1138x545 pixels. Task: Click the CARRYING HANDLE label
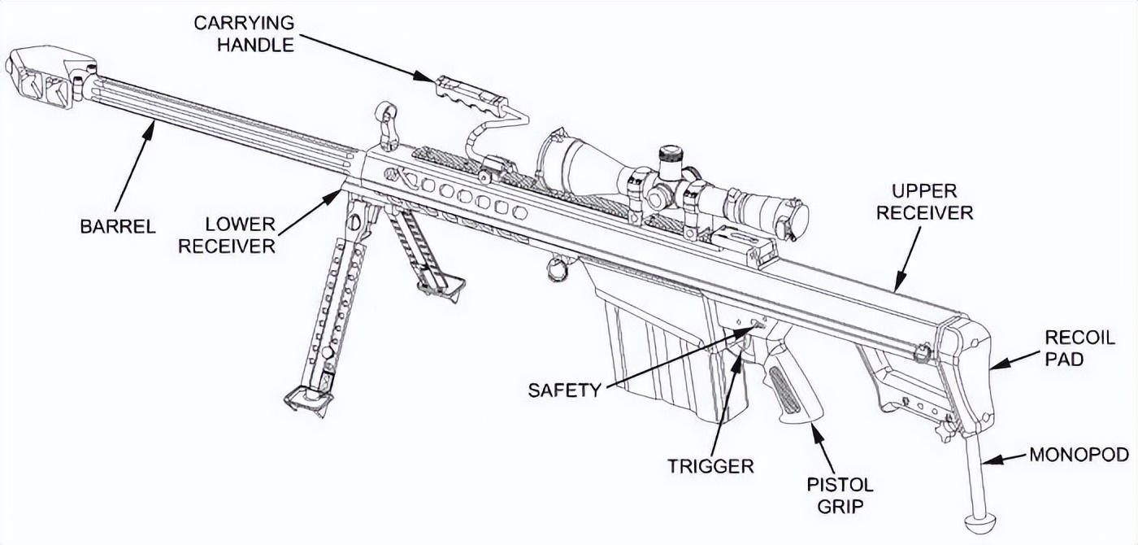click(243, 33)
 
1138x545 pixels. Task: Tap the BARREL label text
click(118, 226)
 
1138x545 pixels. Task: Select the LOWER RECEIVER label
click(227, 235)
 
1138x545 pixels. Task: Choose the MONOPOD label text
click(1079, 455)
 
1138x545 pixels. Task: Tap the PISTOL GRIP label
click(840, 495)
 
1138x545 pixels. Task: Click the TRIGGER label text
click(710, 466)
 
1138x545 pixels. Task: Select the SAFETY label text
click(564, 390)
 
